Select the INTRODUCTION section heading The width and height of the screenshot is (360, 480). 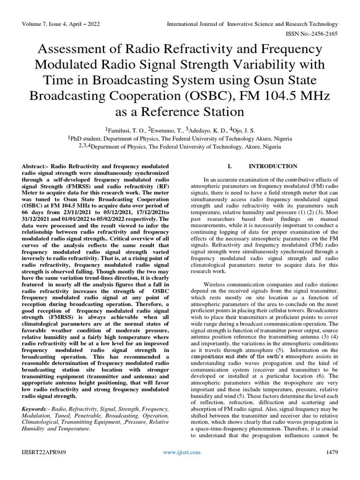pyautogui.click(x=272, y=166)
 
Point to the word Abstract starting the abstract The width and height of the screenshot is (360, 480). pyautogui.click(x=34, y=166)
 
